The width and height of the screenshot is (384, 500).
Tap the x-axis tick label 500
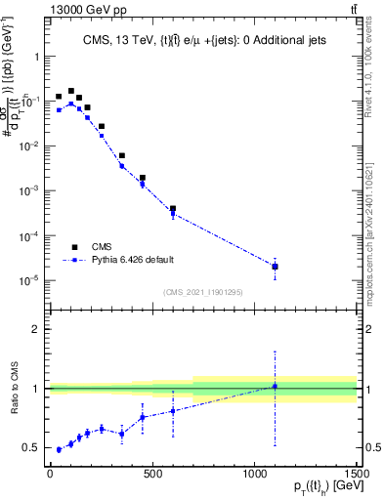[152, 473]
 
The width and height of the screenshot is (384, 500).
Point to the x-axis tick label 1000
[254, 473]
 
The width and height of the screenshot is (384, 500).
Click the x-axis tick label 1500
[356, 473]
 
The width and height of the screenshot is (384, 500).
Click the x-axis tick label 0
[50, 473]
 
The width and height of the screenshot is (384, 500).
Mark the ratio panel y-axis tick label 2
[35, 329]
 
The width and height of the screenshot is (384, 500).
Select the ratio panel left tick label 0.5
[30, 447]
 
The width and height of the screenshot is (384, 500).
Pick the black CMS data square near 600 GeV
[173, 209]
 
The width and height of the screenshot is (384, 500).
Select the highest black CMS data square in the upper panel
[70, 90]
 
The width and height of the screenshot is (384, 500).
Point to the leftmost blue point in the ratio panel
[60, 449]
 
